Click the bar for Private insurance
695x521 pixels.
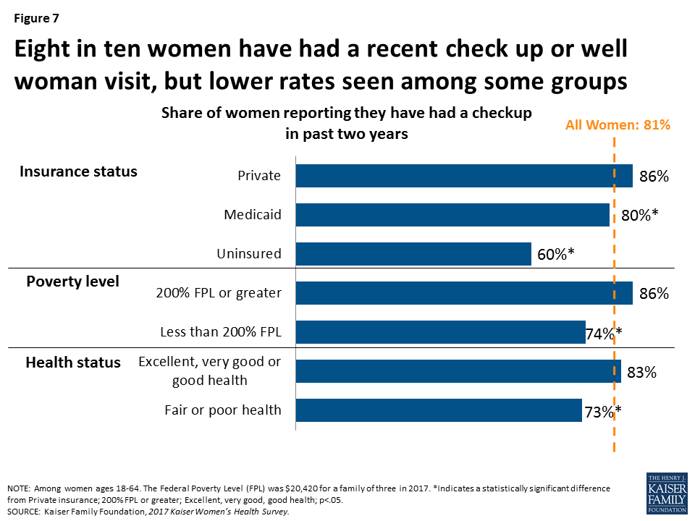click(x=464, y=176)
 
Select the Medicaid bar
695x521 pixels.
click(x=452, y=215)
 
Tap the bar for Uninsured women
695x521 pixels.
click(x=413, y=254)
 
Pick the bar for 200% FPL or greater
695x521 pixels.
click(x=464, y=293)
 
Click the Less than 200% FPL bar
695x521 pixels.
click(x=440, y=332)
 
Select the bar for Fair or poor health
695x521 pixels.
click(x=439, y=410)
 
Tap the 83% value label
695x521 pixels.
click(x=641, y=373)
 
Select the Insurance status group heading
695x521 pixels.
click(x=78, y=171)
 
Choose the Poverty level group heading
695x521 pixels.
click(x=72, y=281)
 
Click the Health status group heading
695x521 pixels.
click(x=73, y=362)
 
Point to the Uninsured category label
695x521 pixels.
click(x=249, y=254)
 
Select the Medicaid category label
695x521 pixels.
click(x=253, y=215)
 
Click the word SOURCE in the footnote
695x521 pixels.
click(x=23, y=512)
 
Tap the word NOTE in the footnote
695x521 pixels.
click(x=20, y=488)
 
